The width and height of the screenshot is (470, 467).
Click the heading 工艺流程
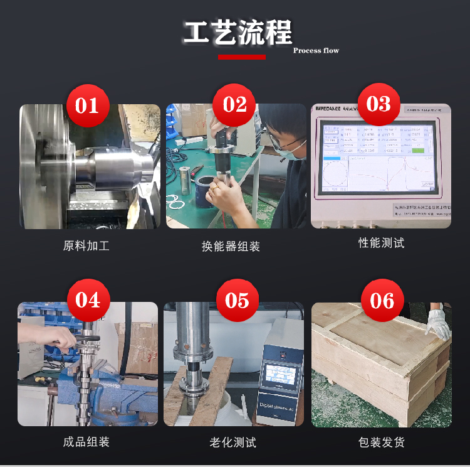tap(238, 33)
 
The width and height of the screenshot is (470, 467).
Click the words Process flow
tap(316, 50)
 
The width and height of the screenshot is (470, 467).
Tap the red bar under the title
tap(241, 57)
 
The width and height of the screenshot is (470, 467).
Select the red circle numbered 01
tap(88, 105)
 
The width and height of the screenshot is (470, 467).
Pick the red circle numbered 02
tap(234, 104)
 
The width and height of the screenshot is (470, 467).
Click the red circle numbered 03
tap(378, 104)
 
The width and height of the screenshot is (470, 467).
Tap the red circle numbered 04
tap(88, 300)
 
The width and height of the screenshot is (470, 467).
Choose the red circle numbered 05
tap(237, 300)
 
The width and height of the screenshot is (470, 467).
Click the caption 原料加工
tap(86, 246)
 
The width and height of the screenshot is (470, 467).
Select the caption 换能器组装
tap(231, 247)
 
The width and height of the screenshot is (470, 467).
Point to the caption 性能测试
tap(381, 243)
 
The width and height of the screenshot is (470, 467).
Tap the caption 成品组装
tap(86, 442)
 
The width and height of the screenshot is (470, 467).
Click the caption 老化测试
tap(232, 443)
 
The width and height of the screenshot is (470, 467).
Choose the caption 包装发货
tap(381, 443)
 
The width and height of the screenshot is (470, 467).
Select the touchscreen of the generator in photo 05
tap(280, 373)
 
